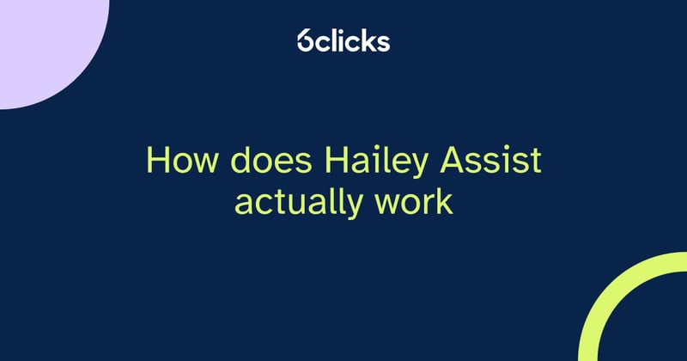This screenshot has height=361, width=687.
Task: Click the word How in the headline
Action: coord(177,161)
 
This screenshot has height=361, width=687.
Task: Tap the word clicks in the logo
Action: coord(355,40)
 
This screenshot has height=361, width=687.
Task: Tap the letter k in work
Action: coord(443,202)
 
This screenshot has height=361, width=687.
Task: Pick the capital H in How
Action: coord(157,161)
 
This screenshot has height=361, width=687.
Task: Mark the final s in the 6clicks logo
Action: coord(384,42)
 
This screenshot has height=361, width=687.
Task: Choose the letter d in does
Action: coord(226,161)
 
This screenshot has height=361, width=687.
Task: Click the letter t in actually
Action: coord(283,203)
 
